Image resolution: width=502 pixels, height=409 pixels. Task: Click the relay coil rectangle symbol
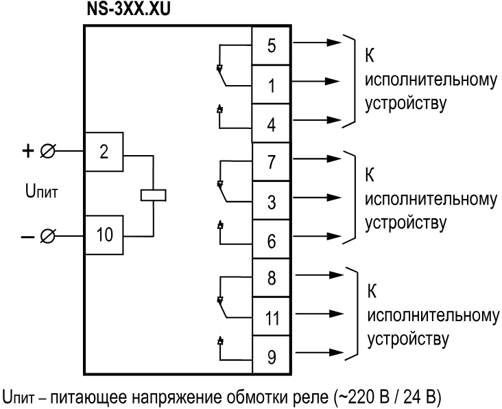[150, 194]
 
